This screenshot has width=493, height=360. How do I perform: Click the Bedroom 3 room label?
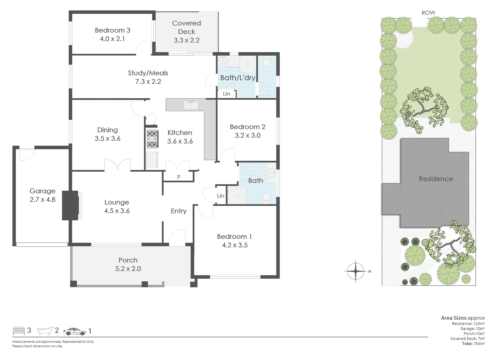112,30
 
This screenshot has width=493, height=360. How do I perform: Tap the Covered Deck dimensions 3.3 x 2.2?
187,40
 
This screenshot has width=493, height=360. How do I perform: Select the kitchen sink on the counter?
191,105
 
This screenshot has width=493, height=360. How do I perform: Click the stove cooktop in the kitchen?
152,139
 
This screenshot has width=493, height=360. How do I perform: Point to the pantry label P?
179,177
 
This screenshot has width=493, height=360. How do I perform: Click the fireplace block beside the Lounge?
70,205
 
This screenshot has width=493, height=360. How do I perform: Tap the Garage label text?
42,191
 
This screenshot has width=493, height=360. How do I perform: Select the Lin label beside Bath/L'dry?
227,94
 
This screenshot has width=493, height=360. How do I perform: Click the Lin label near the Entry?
221,196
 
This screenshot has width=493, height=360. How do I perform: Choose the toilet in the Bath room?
266,198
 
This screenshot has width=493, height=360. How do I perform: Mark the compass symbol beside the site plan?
356,271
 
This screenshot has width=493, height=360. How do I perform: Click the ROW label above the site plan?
428,13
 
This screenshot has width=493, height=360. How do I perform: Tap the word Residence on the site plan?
436,179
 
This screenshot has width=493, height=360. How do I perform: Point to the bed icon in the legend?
19,331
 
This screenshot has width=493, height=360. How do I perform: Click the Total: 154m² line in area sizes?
473,344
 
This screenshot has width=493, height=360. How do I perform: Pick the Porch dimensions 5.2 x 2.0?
128,269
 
